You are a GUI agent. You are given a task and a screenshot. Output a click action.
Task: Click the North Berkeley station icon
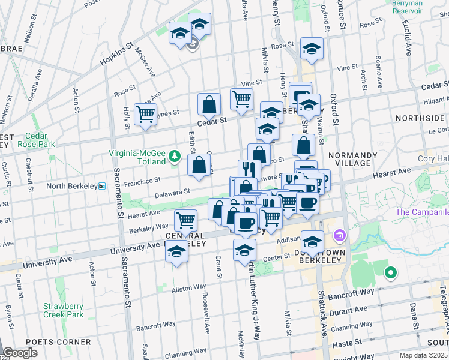pos(102,186)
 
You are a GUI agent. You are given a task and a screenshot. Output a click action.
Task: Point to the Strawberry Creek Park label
pos(63,310)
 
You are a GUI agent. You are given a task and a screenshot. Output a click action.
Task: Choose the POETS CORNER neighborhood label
pos(59,342)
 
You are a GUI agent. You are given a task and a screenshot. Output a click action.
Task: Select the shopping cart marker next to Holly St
pos(146,113)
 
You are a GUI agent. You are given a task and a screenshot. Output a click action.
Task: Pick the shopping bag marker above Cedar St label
pos(209,104)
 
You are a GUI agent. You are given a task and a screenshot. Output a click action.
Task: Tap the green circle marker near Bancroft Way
pos(390,274)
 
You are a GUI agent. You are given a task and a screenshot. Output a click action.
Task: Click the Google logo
pos(20,353)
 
